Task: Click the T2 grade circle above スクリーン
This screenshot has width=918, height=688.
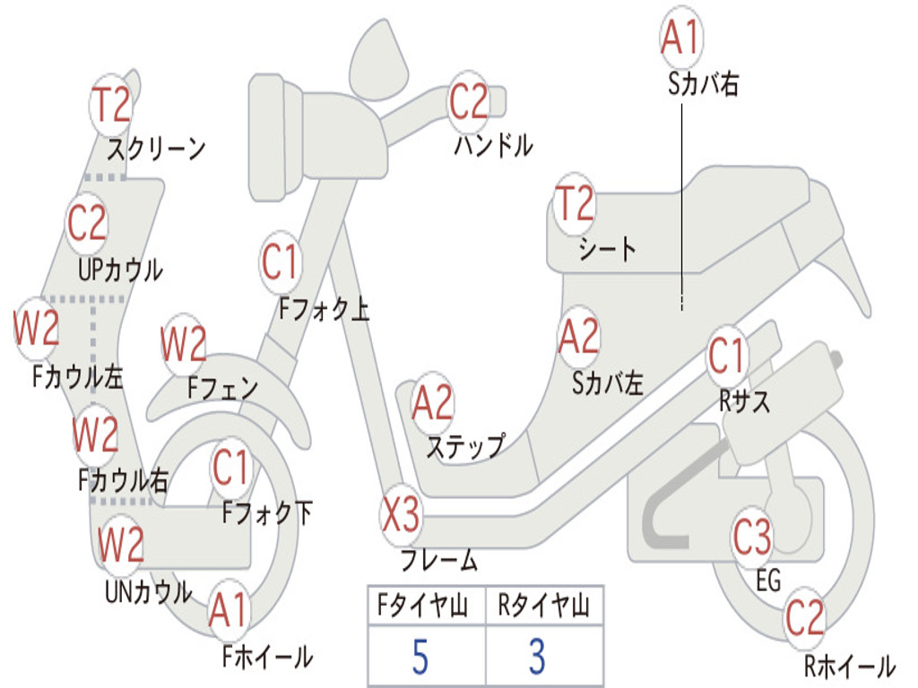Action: click(113, 105)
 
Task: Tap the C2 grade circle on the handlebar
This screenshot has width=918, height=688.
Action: click(468, 102)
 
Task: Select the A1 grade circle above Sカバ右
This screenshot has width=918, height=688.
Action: click(680, 39)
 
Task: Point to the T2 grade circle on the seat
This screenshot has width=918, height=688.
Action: click(575, 204)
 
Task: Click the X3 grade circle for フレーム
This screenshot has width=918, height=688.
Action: click(400, 518)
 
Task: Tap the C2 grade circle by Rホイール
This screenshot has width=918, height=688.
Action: click(804, 618)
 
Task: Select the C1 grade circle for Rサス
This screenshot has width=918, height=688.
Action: click(727, 357)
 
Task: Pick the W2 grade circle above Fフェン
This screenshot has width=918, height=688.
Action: click(184, 345)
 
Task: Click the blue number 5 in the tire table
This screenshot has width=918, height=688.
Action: click(420, 657)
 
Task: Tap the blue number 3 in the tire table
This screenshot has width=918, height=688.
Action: click(536, 657)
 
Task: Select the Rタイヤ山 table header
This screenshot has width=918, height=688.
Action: click(543, 607)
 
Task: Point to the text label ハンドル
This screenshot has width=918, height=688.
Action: click(493, 145)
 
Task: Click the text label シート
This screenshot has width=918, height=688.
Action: click(607, 248)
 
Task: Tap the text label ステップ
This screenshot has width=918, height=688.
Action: click(464, 445)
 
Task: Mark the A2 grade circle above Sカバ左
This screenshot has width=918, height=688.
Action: click(578, 337)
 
